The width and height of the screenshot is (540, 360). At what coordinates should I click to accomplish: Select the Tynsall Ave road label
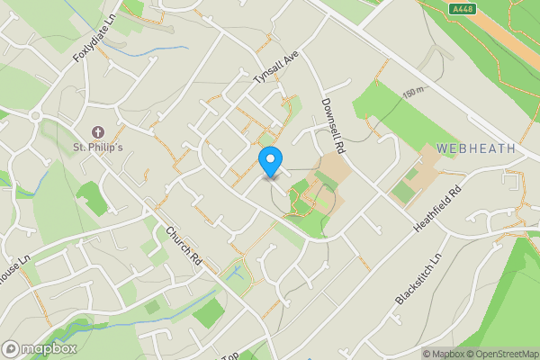275,67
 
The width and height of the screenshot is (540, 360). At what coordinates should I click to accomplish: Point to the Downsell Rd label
333,124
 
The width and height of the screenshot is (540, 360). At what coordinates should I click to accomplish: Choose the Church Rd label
184,245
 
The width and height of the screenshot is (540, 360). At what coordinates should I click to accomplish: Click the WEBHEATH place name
476,148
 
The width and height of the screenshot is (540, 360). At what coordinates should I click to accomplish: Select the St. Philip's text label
98,148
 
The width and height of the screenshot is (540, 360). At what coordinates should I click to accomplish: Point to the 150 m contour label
412,94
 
